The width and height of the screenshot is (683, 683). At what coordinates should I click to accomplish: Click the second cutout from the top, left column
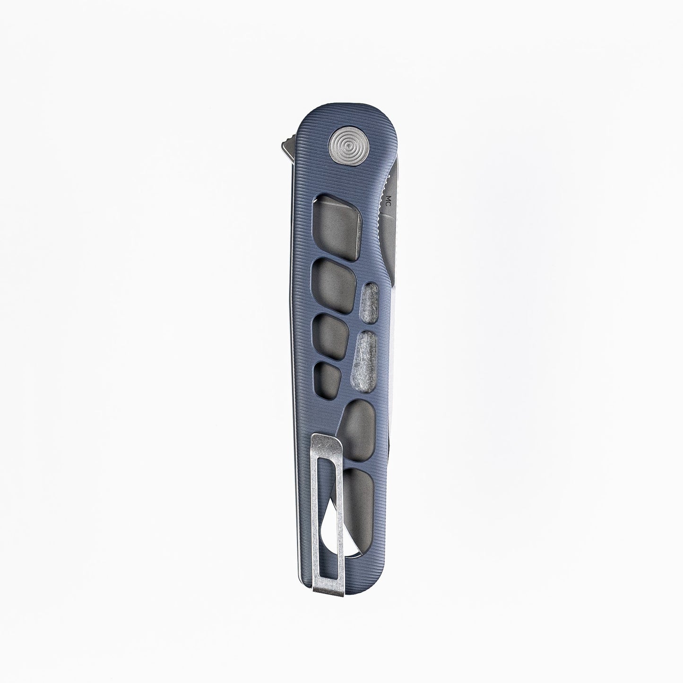334,281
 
